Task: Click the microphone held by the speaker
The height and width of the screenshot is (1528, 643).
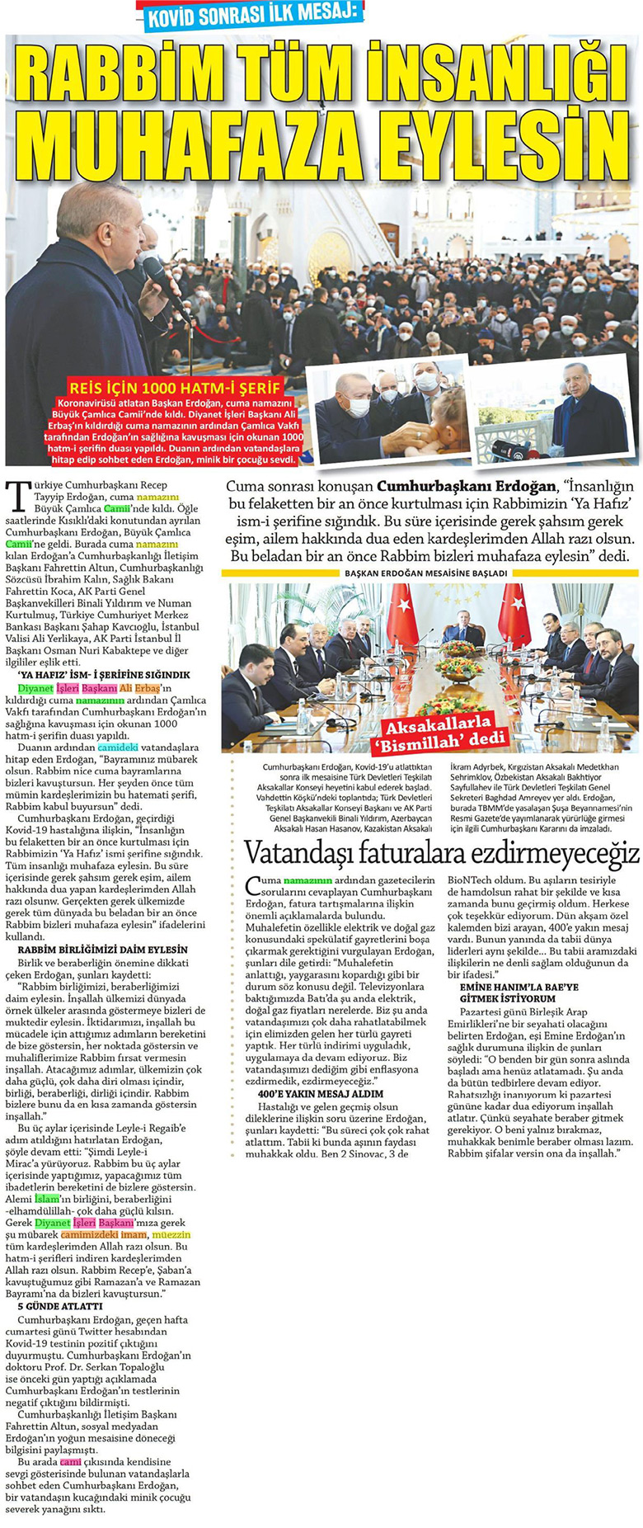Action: pyautogui.click(x=156, y=270)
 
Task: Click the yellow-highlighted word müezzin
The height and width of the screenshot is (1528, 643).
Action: pyautogui.click(x=171, y=1234)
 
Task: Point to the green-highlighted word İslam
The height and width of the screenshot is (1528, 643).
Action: pyautogui.click(x=47, y=1198)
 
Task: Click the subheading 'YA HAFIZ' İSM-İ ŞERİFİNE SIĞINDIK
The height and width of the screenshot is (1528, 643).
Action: pyautogui.click(x=104, y=675)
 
